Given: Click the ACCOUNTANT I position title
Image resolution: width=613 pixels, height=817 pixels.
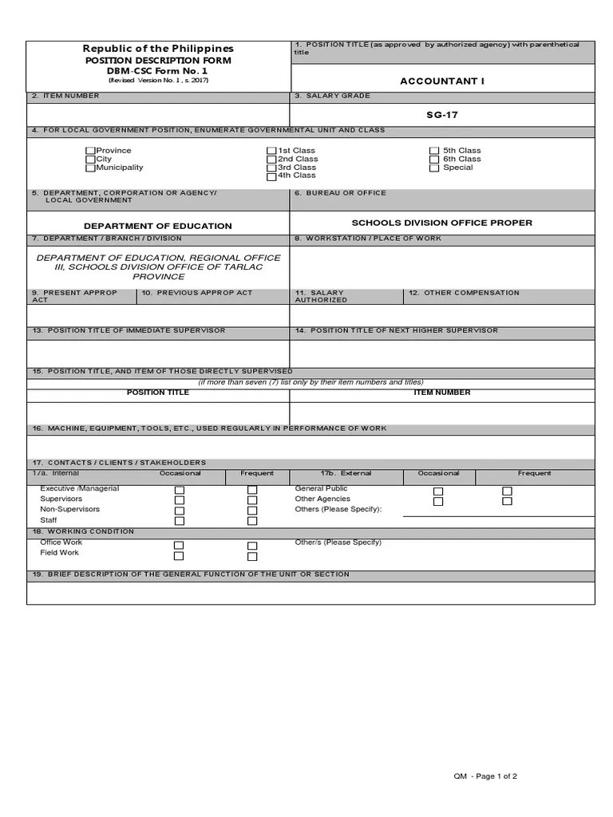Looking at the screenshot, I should coord(441,81).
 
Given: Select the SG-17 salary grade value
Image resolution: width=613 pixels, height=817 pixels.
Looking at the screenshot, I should coord(441,115).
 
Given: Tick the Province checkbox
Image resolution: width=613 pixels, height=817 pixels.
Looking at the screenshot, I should coord(90,151).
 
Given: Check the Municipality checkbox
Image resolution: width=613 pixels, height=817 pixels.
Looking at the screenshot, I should coord(90,168).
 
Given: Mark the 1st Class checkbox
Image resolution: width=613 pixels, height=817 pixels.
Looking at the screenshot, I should coord(271,151).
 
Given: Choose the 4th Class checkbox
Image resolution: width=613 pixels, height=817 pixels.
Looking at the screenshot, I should coord(271,177).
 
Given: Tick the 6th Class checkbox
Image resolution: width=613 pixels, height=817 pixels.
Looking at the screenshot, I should coord(434,160).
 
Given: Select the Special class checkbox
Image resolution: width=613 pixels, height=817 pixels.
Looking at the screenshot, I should coord(434,168).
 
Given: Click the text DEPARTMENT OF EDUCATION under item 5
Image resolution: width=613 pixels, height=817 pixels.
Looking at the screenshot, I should coord(158,227).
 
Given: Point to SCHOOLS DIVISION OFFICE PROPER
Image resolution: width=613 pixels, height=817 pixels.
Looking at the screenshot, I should coord(441,223).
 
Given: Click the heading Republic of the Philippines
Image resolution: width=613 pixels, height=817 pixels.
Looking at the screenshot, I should coord(159,49).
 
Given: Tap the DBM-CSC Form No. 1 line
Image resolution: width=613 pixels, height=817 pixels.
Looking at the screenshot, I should coord(159,70).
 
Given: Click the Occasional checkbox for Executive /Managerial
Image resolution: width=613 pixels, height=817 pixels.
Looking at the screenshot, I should coord(180,490).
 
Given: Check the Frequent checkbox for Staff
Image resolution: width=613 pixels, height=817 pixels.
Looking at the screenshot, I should coord(252,521).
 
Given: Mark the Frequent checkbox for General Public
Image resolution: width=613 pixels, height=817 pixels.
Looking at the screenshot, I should coord(507,491).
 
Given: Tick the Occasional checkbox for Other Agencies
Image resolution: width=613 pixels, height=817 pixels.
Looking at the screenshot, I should coord(438,502).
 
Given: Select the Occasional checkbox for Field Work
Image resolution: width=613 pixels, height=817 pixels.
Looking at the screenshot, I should coord(179,556).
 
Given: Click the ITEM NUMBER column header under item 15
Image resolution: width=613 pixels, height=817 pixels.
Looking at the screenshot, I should coord(441,393).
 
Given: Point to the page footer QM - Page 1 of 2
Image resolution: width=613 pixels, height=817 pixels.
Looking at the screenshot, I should coord(485,776).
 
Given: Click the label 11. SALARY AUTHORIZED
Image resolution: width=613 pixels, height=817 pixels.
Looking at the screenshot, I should coord(321,296).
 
